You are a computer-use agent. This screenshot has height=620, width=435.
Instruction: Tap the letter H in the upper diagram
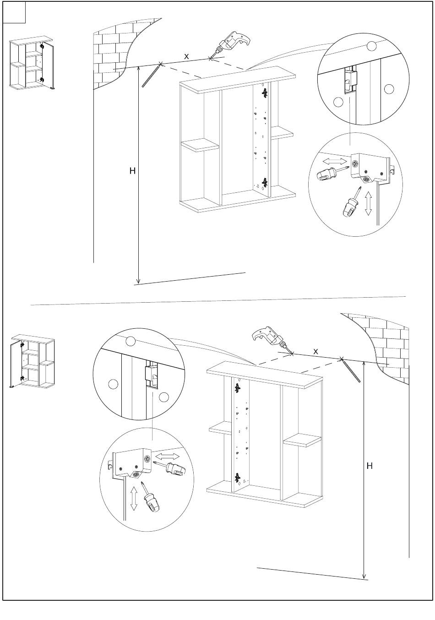click(x=132, y=171)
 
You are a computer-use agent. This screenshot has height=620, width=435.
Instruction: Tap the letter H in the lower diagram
click(x=370, y=466)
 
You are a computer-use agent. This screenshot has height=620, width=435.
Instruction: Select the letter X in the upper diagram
click(x=186, y=56)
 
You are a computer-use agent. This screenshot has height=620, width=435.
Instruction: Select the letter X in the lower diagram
click(x=315, y=351)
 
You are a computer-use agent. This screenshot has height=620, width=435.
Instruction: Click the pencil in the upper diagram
click(x=152, y=75)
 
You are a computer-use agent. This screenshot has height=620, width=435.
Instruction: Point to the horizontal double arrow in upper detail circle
click(x=334, y=161)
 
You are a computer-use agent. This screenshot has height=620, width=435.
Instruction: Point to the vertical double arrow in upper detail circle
click(x=368, y=203)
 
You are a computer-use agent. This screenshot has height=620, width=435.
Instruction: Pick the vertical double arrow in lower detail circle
click(x=134, y=499)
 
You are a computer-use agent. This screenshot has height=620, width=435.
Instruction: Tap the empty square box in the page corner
click(x=14, y=12)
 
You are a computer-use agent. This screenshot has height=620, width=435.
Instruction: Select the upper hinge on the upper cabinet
click(x=264, y=93)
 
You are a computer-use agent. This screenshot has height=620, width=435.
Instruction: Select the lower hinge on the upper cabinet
click(x=264, y=183)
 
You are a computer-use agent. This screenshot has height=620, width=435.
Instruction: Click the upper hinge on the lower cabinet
click(x=237, y=388)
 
